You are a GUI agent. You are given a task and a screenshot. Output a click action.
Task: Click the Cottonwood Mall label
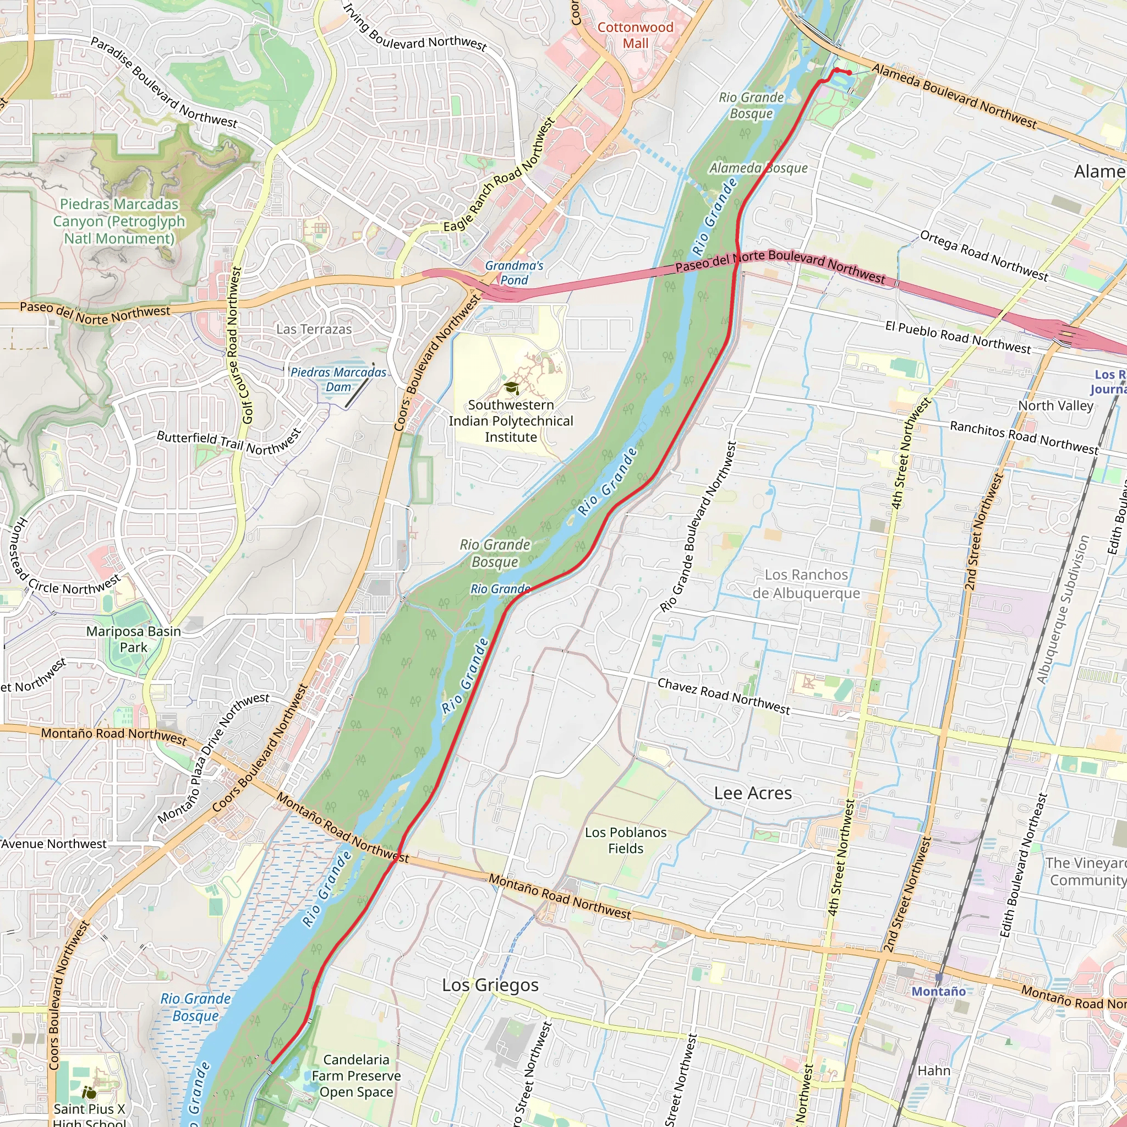pos(635,36)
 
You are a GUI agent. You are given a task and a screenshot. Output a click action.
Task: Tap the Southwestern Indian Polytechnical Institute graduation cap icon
pos(512,387)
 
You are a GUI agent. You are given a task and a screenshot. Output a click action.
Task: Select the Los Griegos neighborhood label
pos(490,985)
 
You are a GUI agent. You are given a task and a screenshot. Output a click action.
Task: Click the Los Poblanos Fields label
pos(625,841)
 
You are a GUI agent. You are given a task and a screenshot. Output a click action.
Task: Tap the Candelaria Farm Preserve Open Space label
pos(356,1076)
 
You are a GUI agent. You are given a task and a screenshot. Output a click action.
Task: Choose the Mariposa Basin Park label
pos(134,639)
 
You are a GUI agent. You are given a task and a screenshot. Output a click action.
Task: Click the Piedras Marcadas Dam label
pos(338,380)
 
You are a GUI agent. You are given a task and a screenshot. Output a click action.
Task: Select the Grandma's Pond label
pos(514,273)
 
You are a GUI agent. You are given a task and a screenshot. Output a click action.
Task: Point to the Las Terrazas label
pos(314,330)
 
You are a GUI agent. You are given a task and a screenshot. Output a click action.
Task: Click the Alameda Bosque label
pos(758,168)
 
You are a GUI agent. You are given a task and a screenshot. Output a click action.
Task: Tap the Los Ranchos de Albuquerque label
pos(806,584)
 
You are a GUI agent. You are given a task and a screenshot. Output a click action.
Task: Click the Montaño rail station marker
pos(939,977)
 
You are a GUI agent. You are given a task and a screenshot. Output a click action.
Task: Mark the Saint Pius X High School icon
pos(89,1092)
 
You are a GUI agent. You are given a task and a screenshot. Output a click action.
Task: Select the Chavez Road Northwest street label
pos(723,697)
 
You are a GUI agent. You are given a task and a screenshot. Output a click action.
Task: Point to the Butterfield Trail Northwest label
pos(229,443)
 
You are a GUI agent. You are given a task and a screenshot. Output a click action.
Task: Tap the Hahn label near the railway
pos(934,1071)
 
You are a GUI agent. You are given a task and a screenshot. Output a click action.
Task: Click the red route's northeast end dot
pos(849,72)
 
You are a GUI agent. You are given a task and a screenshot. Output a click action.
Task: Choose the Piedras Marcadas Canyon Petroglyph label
pos(119,221)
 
